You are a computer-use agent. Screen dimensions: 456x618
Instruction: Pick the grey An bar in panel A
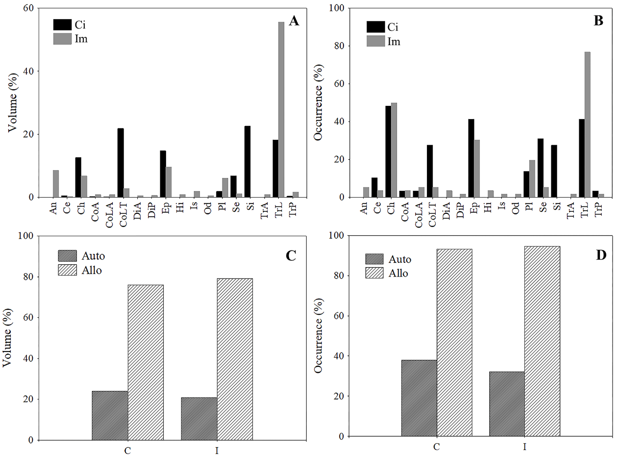coord(56,184)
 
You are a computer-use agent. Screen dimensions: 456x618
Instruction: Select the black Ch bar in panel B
coord(388,152)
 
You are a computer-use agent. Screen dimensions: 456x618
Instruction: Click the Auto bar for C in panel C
coord(110,415)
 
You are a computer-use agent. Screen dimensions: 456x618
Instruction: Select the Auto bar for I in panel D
coord(507,404)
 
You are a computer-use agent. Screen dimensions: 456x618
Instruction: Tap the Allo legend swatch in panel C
coord(68,270)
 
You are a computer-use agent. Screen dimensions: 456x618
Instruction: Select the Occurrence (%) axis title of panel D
coord(319,336)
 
